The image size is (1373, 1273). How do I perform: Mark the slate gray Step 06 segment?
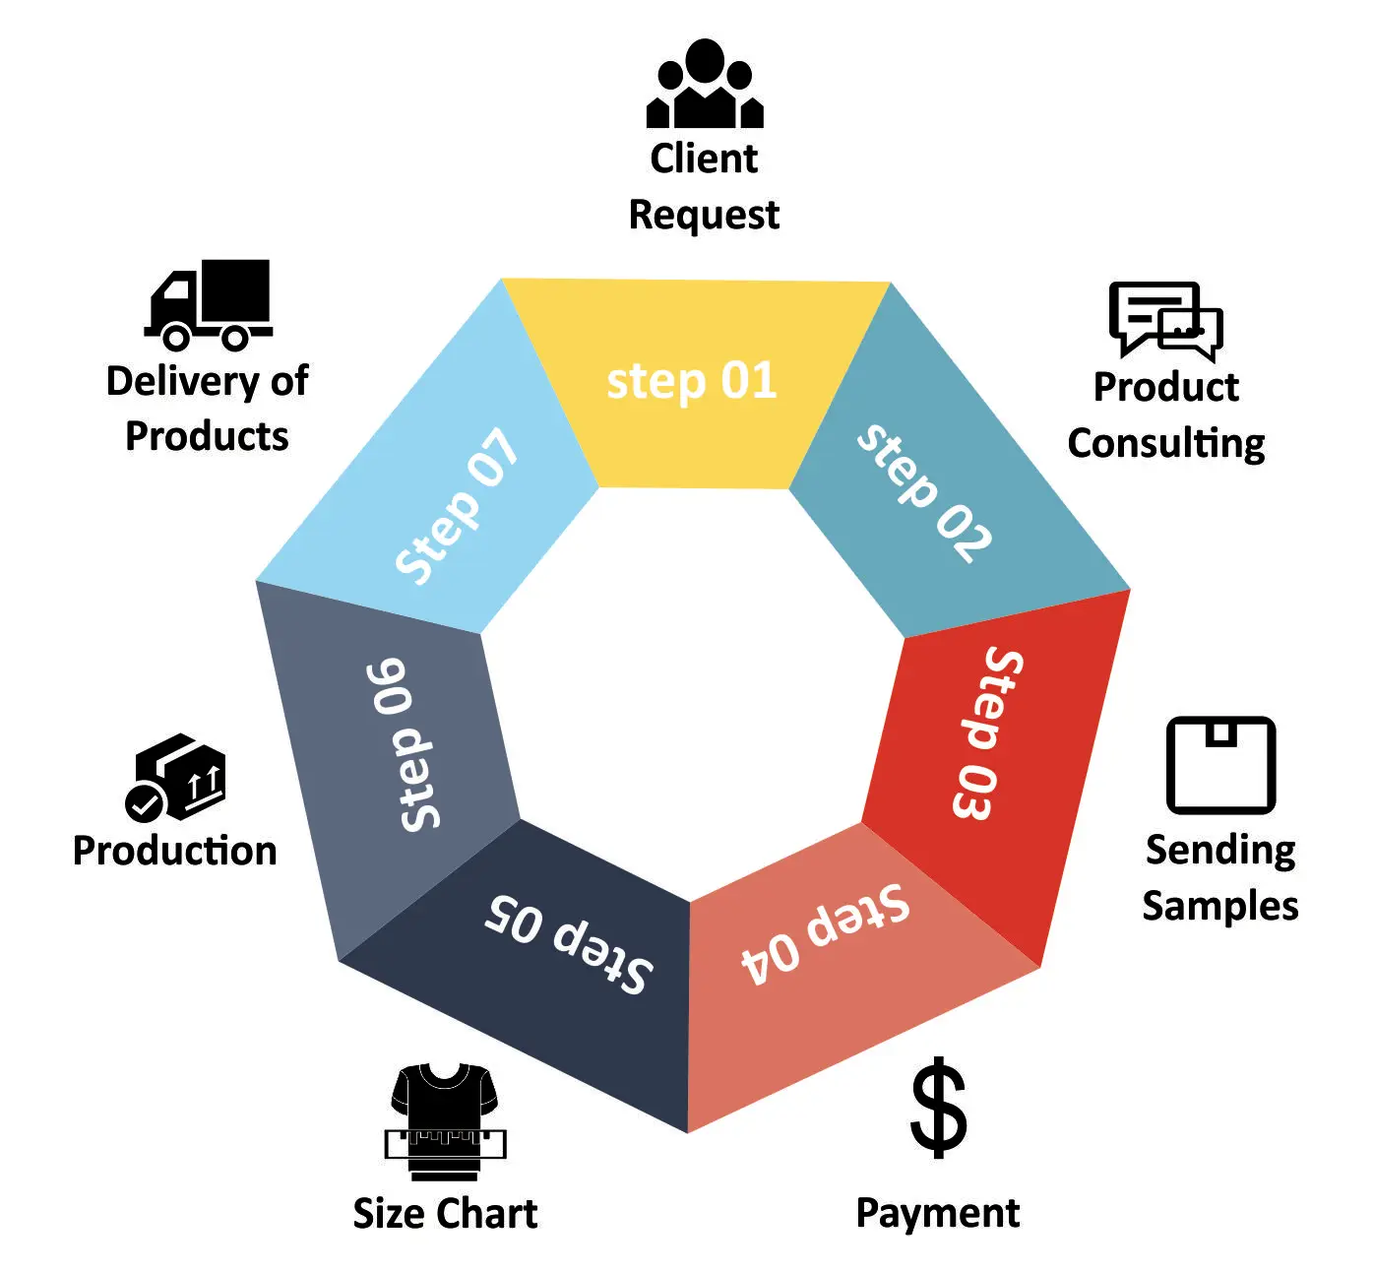pyautogui.click(x=394, y=748)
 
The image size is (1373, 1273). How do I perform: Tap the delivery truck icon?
pyautogui.click(x=209, y=305)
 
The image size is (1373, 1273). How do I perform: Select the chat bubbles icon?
pyautogui.click(x=1165, y=320)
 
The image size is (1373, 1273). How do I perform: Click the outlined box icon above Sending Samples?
pyautogui.click(x=1220, y=765)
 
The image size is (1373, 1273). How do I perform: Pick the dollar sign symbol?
pyautogui.click(x=939, y=1107)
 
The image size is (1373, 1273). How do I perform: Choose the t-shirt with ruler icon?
pyautogui.click(x=445, y=1122)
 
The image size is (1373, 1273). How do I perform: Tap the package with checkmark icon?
pyautogui.click(x=177, y=778)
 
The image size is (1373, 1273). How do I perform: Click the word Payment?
pyautogui.click(x=937, y=1213)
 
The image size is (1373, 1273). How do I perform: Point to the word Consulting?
pyautogui.click(x=1166, y=444)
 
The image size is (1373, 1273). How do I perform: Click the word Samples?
pyautogui.click(x=1219, y=906)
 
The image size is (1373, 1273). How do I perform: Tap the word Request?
pyautogui.click(x=704, y=215)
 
